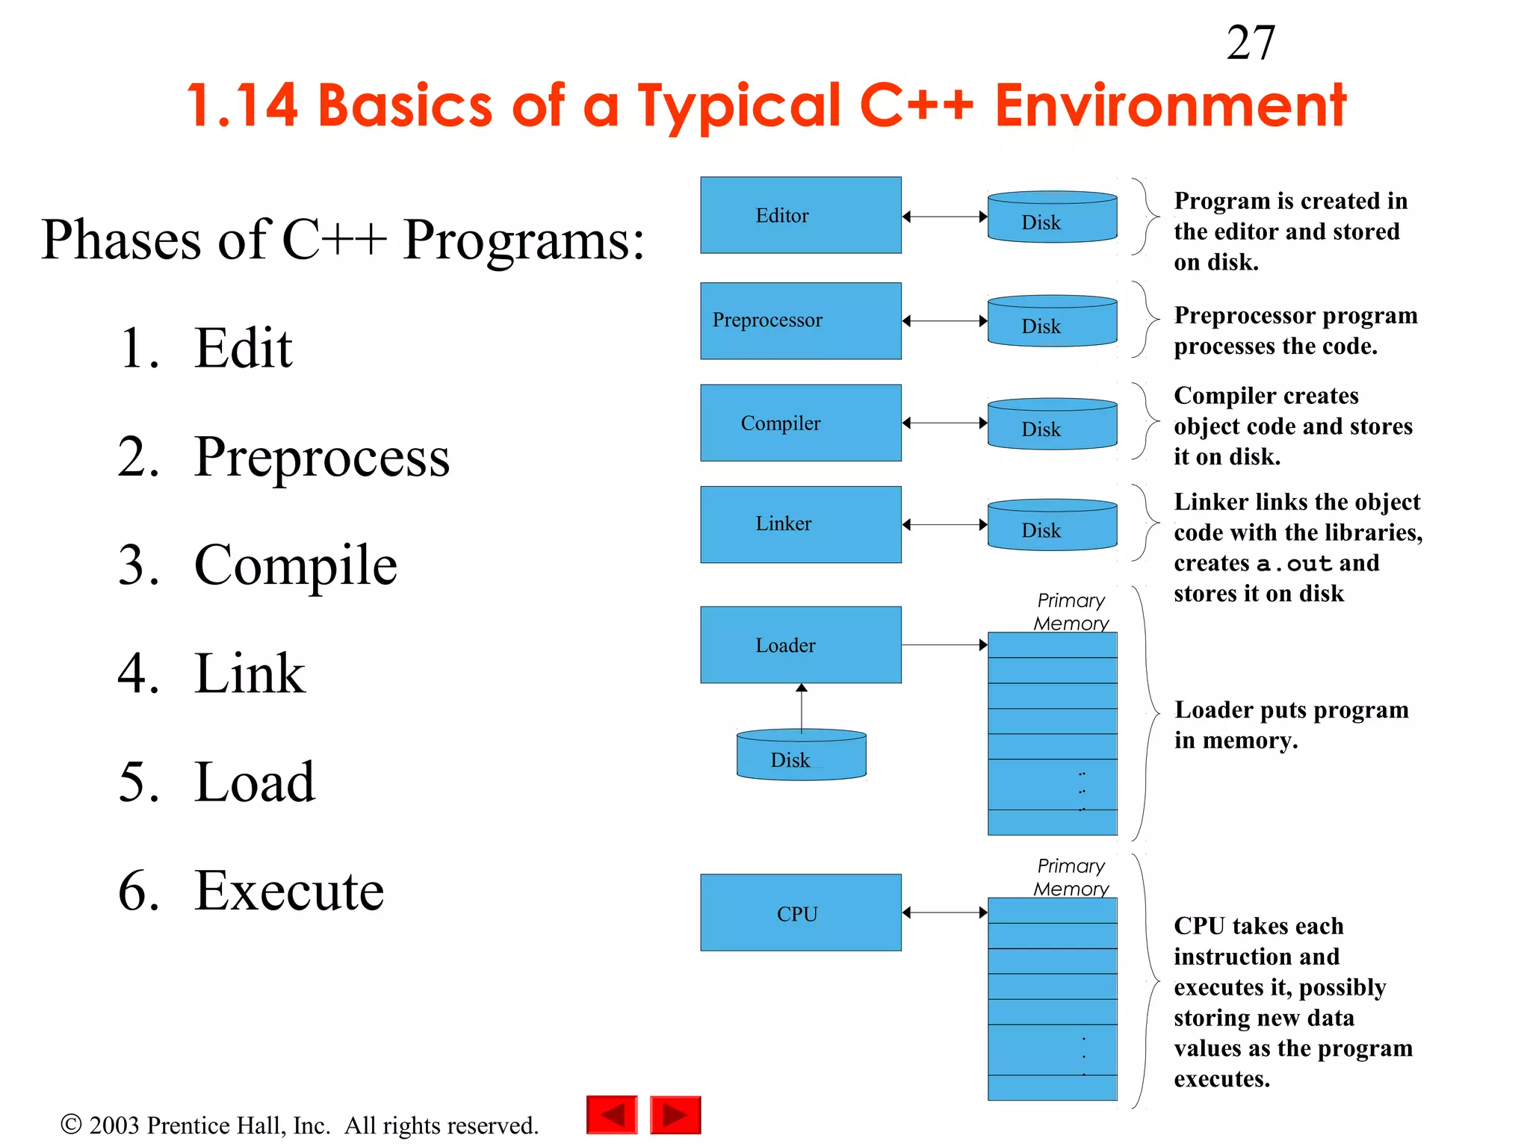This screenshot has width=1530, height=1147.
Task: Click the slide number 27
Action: tap(1250, 43)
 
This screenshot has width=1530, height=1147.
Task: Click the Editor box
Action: tap(800, 215)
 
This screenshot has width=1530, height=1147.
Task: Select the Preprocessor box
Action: tap(800, 320)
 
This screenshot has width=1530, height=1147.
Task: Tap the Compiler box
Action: tap(800, 423)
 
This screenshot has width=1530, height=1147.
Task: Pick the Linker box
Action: tap(800, 524)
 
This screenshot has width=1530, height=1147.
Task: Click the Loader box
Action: tap(800, 644)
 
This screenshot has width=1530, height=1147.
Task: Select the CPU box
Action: tap(800, 913)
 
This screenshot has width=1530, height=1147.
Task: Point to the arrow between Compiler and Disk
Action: tap(944, 423)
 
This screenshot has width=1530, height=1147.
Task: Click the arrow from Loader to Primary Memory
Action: tap(944, 644)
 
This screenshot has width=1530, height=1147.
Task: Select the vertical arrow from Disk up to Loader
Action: tap(802, 706)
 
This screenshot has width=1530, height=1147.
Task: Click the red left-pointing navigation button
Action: tap(612, 1115)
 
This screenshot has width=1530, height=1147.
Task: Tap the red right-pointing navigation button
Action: tap(675, 1115)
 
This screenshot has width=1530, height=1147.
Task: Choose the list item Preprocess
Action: tap(321, 456)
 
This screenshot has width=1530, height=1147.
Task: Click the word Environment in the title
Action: tap(1170, 105)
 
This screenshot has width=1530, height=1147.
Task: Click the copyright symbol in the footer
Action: tap(71, 1124)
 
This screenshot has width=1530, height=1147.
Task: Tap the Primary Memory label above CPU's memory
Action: tap(1071, 877)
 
